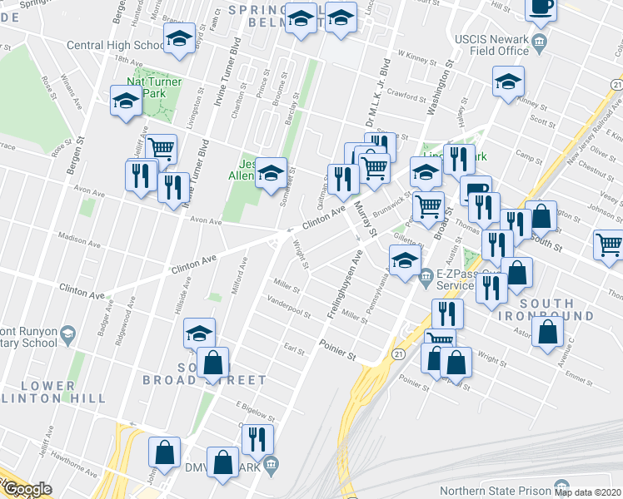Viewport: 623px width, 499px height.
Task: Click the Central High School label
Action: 116,45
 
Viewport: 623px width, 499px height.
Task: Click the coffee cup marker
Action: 540,7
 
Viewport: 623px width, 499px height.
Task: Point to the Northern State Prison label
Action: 497,490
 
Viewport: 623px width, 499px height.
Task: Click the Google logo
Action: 27,489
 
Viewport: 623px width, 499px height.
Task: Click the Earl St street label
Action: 295,351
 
